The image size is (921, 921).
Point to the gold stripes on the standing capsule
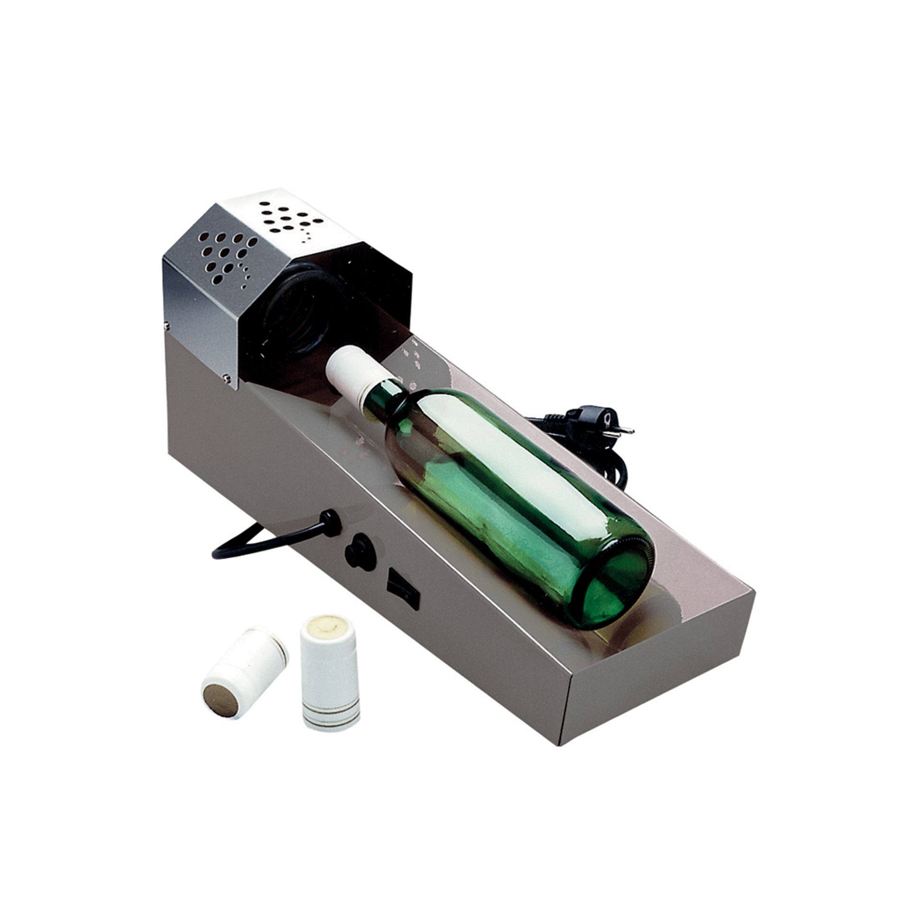click(x=331, y=720)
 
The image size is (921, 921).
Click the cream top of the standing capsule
click(x=329, y=626)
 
